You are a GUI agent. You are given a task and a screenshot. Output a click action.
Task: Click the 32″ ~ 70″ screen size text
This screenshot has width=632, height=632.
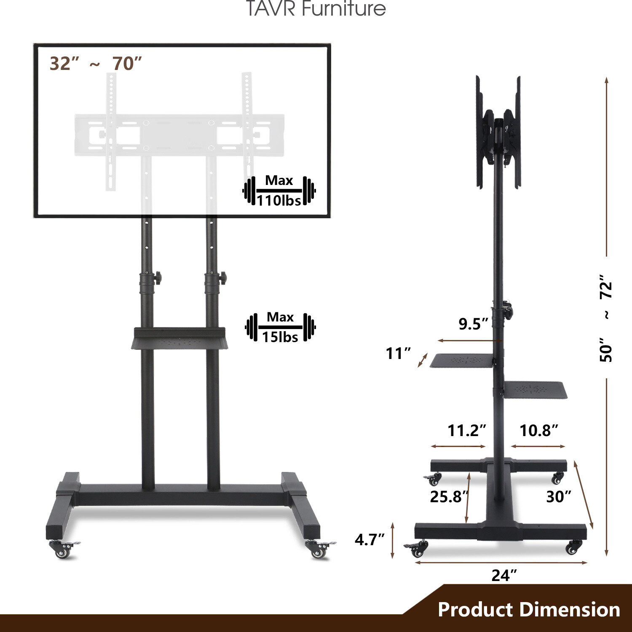[96, 64]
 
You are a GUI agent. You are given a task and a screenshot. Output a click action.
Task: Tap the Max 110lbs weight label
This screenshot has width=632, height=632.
[279, 191]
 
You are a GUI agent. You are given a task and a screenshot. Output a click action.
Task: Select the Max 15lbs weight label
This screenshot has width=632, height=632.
[280, 327]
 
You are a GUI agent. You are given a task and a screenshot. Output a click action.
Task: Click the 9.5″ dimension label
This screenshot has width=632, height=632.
[473, 324]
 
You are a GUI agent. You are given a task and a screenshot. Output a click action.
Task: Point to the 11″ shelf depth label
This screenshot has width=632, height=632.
[398, 353]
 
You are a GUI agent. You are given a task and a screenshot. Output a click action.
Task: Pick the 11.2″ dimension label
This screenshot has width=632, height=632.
[466, 430]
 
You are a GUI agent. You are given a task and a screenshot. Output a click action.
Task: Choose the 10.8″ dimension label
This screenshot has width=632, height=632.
[538, 430]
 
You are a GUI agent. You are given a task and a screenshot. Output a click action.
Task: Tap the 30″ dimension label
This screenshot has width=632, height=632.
[558, 496]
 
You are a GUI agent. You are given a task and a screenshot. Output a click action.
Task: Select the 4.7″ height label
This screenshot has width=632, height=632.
[370, 539]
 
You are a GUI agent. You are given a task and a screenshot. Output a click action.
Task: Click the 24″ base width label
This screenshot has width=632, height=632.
[504, 575]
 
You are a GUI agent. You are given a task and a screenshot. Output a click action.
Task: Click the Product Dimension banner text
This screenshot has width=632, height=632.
[529, 609]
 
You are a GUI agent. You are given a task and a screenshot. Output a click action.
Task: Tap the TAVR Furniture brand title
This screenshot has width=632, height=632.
[316, 8]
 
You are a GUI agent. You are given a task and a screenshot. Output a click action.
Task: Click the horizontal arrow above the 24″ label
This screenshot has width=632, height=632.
[501, 562]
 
